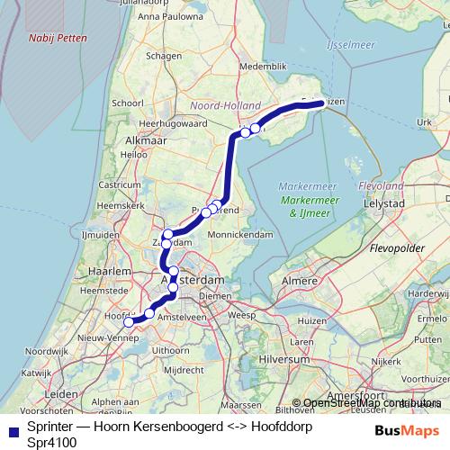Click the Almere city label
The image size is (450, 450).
(301, 282)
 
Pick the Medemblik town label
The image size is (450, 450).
(262, 67)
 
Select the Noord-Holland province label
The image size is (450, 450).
(224, 105)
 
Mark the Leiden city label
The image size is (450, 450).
(61, 394)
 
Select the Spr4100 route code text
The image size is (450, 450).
(51, 442)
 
